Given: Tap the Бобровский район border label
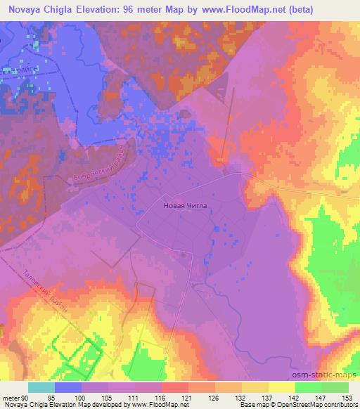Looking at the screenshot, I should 102,169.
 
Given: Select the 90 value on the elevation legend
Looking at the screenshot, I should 25,398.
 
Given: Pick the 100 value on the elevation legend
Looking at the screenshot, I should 81,398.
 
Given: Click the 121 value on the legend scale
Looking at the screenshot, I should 188,398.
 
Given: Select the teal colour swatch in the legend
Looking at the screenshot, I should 41,387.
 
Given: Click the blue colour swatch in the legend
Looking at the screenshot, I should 68,387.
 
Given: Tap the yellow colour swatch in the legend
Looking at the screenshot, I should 282,387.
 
